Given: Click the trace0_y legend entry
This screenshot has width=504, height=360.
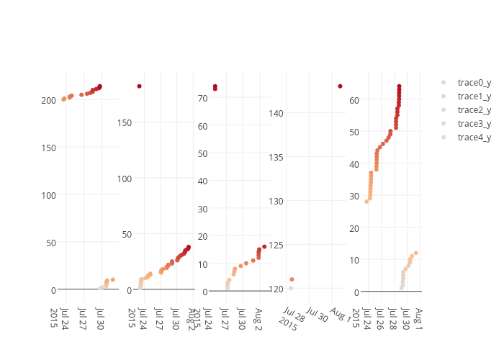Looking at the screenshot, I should click(x=474, y=83).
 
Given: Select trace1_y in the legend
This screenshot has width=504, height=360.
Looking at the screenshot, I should click(x=474, y=96).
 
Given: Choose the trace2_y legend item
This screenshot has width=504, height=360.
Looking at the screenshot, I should click(x=474, y=110).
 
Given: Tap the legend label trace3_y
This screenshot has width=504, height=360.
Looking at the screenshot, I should click(x=474, y=124).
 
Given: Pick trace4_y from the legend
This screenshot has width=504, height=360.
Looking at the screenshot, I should click(x=474, y=138).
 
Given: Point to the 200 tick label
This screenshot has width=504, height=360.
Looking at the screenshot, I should click(x=48, y=100).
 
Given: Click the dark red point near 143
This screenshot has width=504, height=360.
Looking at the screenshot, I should click(x=340, y=86).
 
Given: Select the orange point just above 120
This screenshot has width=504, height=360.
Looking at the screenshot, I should click(x=292, y=279).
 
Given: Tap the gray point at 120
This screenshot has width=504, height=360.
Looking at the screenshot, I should click(x=291, y=288).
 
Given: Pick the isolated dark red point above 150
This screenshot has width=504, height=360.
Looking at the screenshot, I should click(x=140, y=86).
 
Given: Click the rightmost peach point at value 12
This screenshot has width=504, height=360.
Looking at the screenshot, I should click(x=416, y=253).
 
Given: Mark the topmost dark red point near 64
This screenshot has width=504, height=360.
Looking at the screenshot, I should click(x=399, y=86).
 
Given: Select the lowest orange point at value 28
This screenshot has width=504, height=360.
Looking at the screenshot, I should click(x=366, y=202).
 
